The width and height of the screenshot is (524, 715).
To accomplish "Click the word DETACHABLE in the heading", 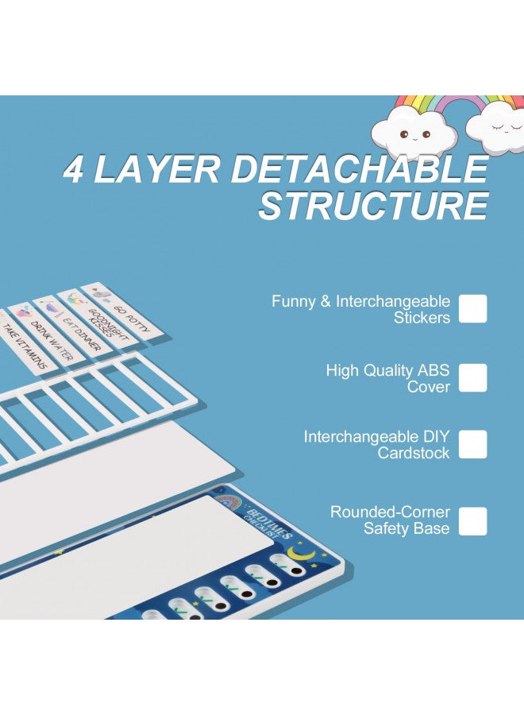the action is (x=360, y=168).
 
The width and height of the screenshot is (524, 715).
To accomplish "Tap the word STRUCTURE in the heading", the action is (x=374, y=205).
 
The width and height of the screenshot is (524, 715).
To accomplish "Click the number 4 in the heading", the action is (x=73, y=168).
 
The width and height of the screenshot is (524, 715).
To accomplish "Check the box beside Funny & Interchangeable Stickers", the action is (x=472, y=309).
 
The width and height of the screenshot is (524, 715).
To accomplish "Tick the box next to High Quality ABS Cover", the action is (x=472, y=378).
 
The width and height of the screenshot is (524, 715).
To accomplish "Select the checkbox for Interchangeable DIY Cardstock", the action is (x=472, y=445).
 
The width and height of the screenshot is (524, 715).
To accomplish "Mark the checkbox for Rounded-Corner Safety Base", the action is (x=472, y=521).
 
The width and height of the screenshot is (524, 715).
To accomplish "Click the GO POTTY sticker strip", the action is (x=121, y=314).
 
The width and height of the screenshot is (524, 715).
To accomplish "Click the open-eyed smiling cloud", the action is (x=414, y=133).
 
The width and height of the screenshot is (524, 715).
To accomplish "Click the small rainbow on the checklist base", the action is (x=230, y=501).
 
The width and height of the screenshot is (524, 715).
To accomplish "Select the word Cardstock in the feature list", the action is (x=414, y=453).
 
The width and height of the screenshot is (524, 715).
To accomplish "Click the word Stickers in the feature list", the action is (x=422, y=317).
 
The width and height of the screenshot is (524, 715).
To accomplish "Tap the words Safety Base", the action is (x=406, y=528).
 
